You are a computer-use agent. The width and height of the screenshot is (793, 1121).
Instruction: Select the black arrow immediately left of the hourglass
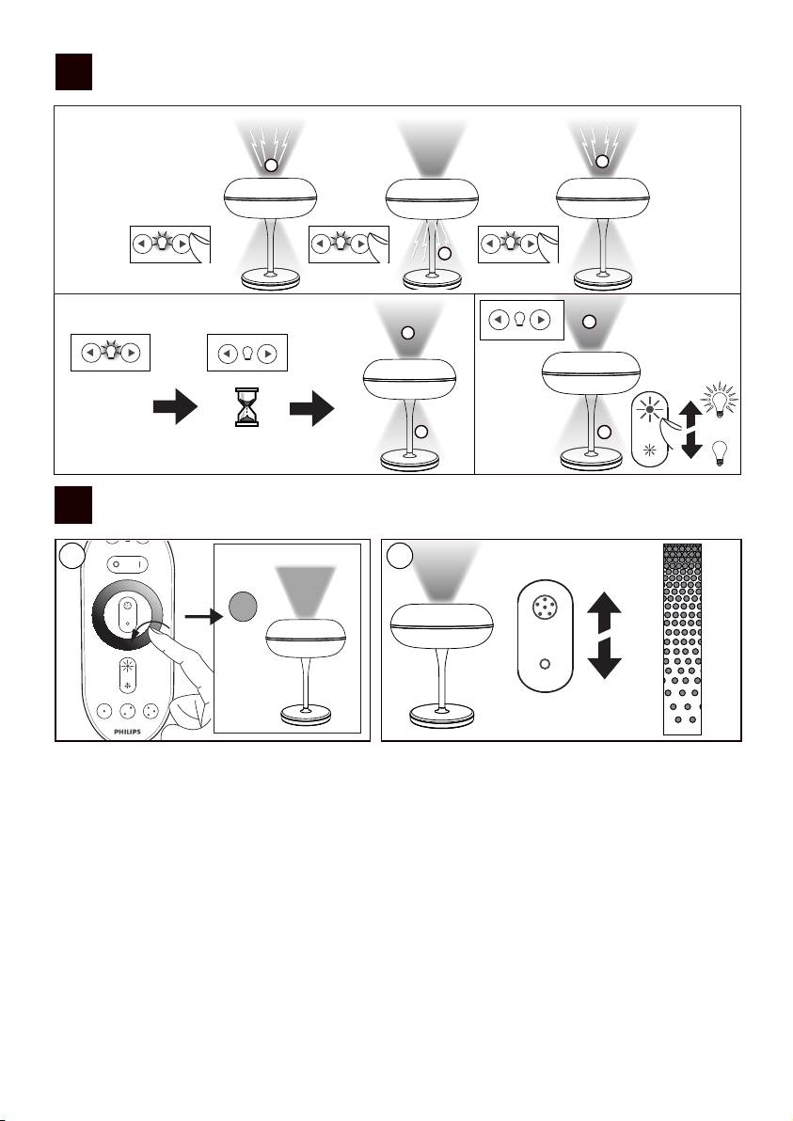click(x=175, y=408)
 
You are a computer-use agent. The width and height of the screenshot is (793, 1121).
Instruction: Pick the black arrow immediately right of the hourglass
click(x=312, y=408)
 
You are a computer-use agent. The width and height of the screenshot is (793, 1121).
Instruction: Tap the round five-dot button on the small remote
click(x=545, y=607)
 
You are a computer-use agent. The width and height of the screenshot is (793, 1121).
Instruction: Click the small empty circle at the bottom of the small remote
click(x=545, y=662)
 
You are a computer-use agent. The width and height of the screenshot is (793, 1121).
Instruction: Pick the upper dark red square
click(x=73, y=72)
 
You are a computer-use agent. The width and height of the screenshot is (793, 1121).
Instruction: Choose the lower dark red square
click(x=73, y=505)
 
